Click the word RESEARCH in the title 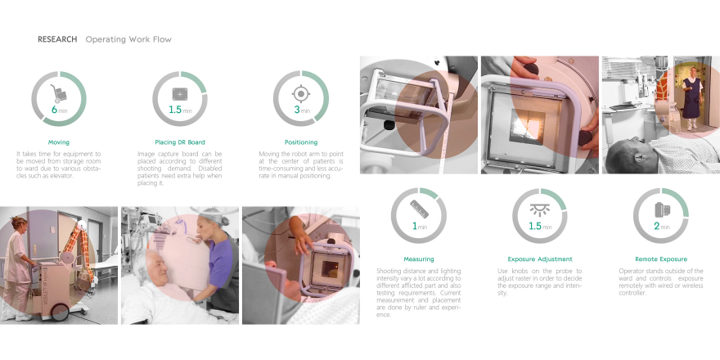(x=57, y=39)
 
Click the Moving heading (x=59, y=142)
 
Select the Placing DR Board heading (x=180, y=142)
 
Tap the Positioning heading (x=300, y=142)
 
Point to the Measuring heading (x=419, y=259)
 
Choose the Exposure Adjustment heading (x=540, y=259)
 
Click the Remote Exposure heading (x=661, y=259)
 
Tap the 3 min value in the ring (x=301, y=110)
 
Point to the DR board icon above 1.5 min (x=180, y=93)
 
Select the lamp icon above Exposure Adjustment (x=540, y=208)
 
